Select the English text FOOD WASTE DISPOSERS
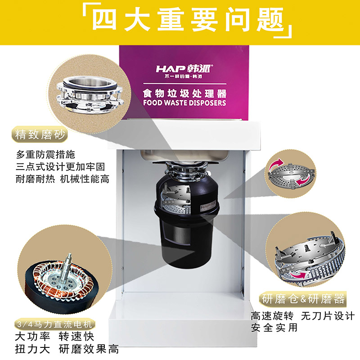(x=184, y=103)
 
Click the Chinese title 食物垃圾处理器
(x=184, y=94)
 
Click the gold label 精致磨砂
(x=40, y=134)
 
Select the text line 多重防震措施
(x=45, y=154)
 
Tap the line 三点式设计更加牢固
(x=60, y=166)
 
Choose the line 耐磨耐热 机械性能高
(x=63, y=179)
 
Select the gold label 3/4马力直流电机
(x=54, y=324)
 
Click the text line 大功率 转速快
(x=54, y=337)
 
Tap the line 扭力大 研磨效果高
(x=67, y=349)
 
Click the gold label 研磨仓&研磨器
(x=303, y=299)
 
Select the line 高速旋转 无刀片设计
(x=302, y=316)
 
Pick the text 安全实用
(x=274, y=328)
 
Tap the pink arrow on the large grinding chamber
(x=298, y=275)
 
